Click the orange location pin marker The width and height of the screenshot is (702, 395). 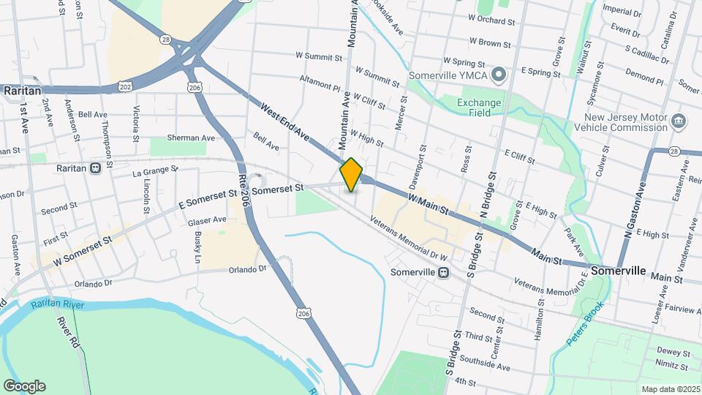[x=352, y=175]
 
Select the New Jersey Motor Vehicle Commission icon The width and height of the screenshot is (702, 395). [x=678, y=121]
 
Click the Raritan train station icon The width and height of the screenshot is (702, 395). [x=96, y=168]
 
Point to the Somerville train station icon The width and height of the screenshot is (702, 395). [x=443, y=272]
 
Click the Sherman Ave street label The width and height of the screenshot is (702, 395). [x=192, y=138]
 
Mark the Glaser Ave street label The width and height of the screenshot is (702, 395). [x=207, y=220]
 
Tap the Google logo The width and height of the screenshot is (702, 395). [x=24, y=386]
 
